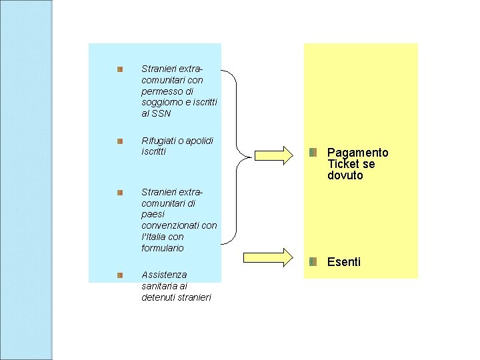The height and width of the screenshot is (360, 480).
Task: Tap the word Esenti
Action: coord(344,262)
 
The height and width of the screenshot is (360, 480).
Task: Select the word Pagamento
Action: coord(358,153)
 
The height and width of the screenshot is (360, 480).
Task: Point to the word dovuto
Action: coord(345,175)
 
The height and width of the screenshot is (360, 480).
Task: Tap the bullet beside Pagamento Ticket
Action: coord(313,153)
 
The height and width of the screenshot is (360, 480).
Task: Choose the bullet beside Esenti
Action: coord(313,261)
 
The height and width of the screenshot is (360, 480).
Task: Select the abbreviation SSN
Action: coord(161,113)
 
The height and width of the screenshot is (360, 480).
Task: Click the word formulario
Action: coord(163,248)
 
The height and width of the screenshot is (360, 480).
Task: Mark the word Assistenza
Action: coord(164,275)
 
